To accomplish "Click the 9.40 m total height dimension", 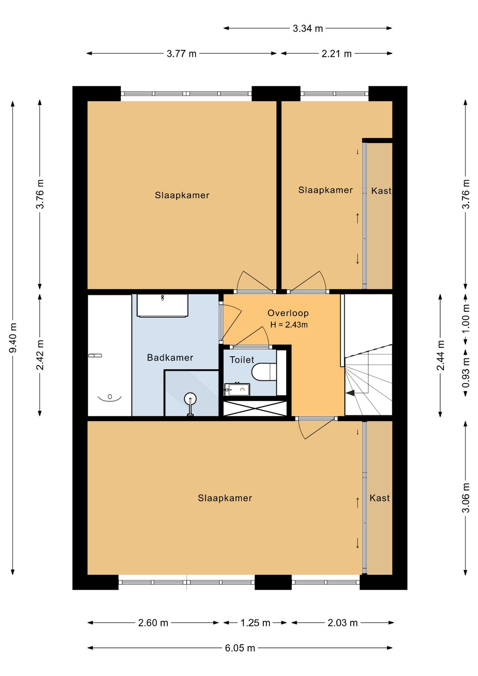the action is (x=13, y=338).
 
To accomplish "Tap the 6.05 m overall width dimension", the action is (x=240, y=648).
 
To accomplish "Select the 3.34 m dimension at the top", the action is (x=308, y=29).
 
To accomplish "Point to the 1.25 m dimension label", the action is (x=255, y=623).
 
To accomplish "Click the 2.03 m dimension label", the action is (x=342, y=623).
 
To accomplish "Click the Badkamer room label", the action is (x=170, y=358).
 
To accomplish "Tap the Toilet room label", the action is (x=242, y=360).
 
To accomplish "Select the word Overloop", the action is (x=288, y=313).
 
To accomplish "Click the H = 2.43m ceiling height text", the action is (x=289, y=325).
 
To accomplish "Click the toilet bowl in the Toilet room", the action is (x=264, y=372).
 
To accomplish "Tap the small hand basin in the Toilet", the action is (x=237, y=389).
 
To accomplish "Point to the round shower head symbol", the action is (x=190, y=399).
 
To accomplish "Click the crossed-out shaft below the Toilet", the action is (x=255, y=408).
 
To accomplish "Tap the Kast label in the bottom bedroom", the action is (x=379, y=498).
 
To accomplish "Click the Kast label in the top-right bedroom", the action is (x=381, y=191).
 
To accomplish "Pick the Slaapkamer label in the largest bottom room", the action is (x=225, y=498).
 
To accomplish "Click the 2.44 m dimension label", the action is (x=440, y=355).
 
